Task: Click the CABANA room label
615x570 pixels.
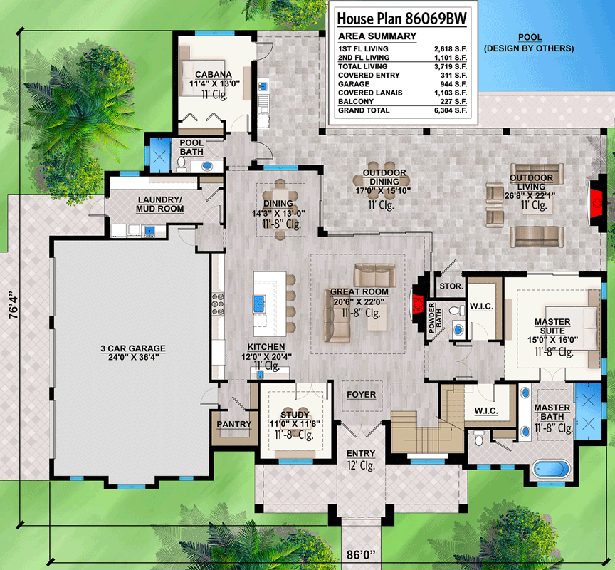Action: point(214,75)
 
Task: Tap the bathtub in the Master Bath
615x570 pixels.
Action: point(551,469)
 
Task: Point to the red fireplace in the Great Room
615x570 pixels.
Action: point(417,304)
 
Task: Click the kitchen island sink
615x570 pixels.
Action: point(259,304)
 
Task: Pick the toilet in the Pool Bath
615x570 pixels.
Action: point(181,164)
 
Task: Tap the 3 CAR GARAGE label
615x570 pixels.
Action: point(133,348)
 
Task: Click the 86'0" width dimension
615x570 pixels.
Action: point(361,555)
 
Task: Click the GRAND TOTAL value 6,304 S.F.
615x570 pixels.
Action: point(451,110)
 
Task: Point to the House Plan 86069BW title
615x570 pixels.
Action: point(402,19)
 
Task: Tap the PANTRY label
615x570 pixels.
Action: point(233,424)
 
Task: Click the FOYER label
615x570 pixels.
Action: point(361,394)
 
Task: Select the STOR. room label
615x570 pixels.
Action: point(451,286)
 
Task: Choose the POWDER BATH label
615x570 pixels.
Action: point(436,318)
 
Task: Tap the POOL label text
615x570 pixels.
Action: point(530,37)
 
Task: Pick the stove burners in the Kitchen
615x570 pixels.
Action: point(218,304)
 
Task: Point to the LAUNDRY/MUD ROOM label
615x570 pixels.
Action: point(159,204)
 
